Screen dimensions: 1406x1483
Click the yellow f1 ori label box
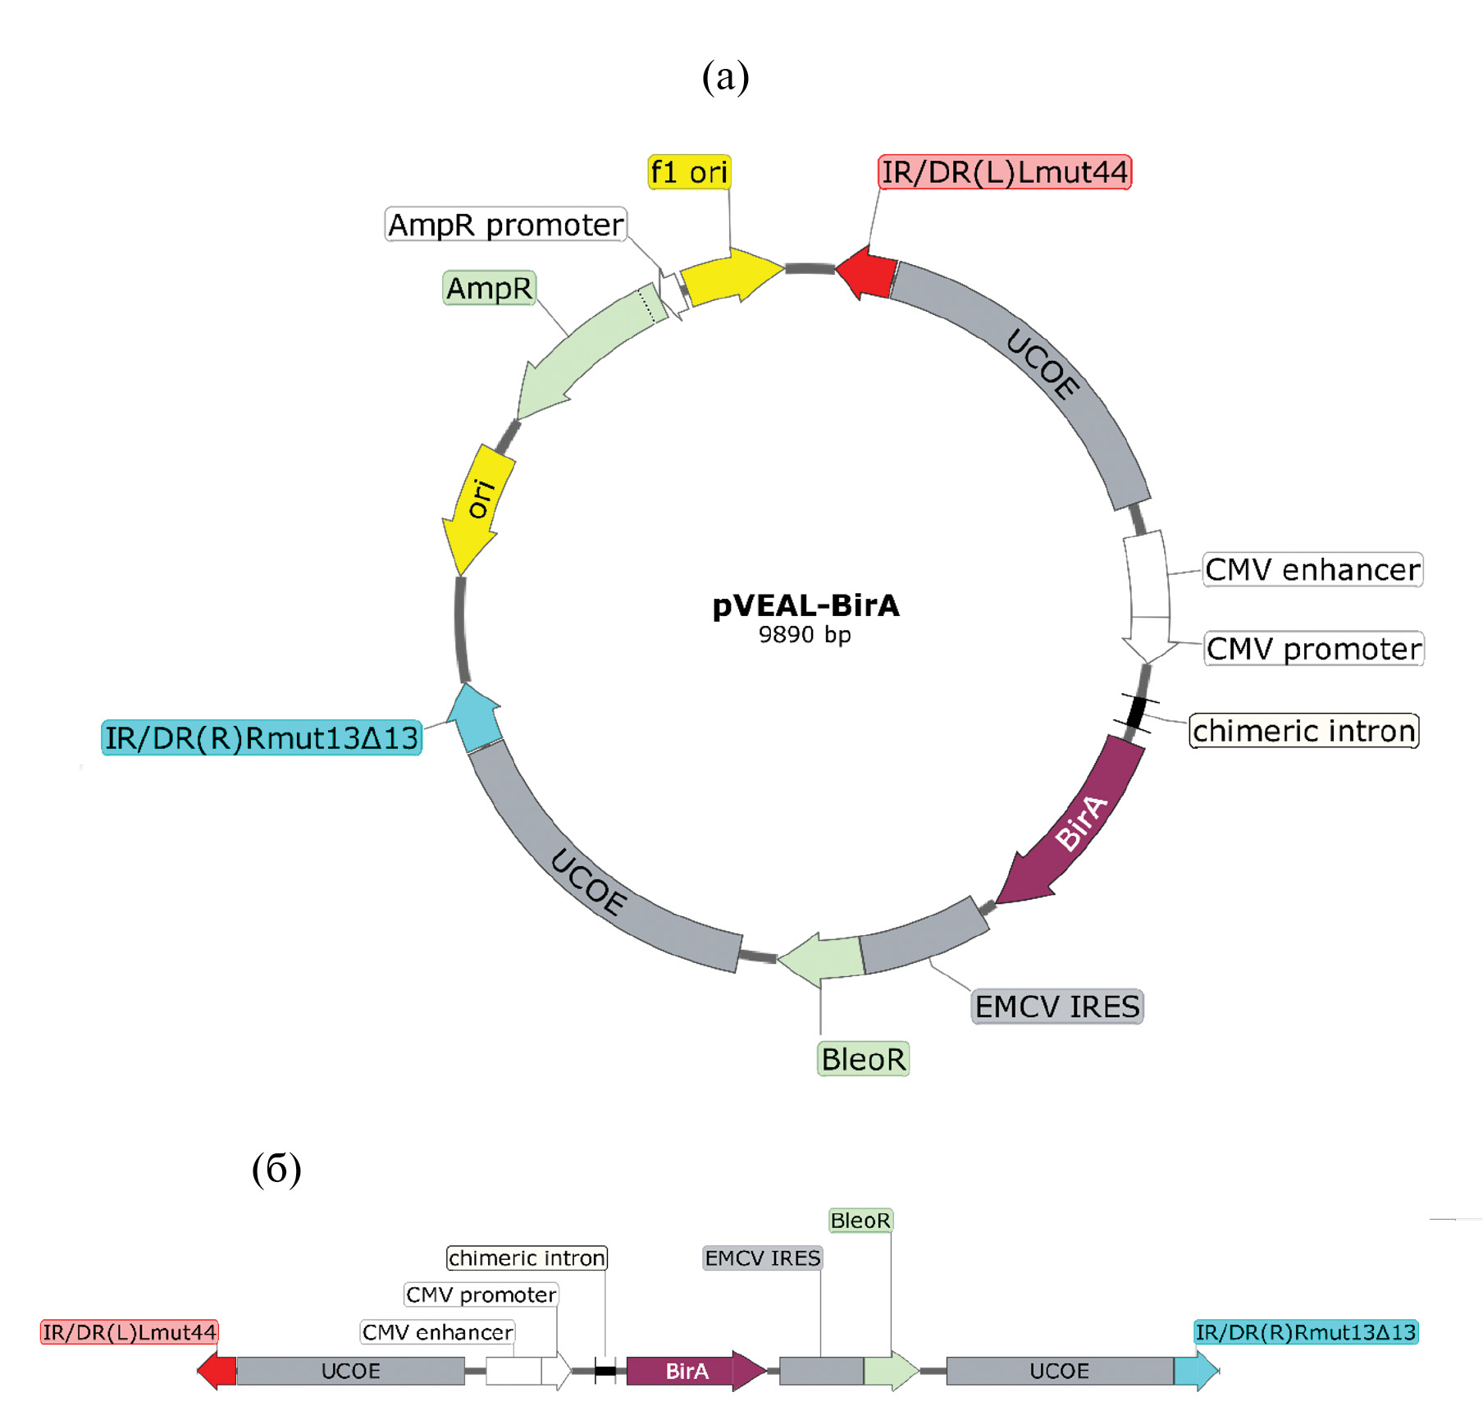[x=689, y=172]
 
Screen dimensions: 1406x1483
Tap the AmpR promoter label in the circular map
[x=505, y=224]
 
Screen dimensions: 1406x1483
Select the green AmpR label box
[x=489, y=288]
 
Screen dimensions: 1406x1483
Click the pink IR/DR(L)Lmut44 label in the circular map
[x=1004, y=172]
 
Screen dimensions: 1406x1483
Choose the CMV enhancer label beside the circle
[x=1312, y=569]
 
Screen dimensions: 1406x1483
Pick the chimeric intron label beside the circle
[x=1303, y=730]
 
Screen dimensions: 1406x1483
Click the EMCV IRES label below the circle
[x=1056, y=1006]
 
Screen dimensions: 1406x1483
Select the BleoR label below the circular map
[x=863, y=1058]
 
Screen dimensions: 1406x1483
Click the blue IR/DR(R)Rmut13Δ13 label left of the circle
[x=261, y=737]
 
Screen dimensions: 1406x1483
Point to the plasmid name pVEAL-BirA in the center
[x=805, y=605]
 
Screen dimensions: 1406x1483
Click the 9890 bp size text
[x=804, y=634]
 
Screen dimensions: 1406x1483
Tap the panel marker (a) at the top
[x=725, y=77]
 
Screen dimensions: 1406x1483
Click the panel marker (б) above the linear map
[x=276, y=1168]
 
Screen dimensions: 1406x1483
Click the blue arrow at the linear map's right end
[x=1195, y=1371]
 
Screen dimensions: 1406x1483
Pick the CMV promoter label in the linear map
[x=481, y=1294]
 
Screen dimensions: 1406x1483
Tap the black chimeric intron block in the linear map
[x=605, y=1371]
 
